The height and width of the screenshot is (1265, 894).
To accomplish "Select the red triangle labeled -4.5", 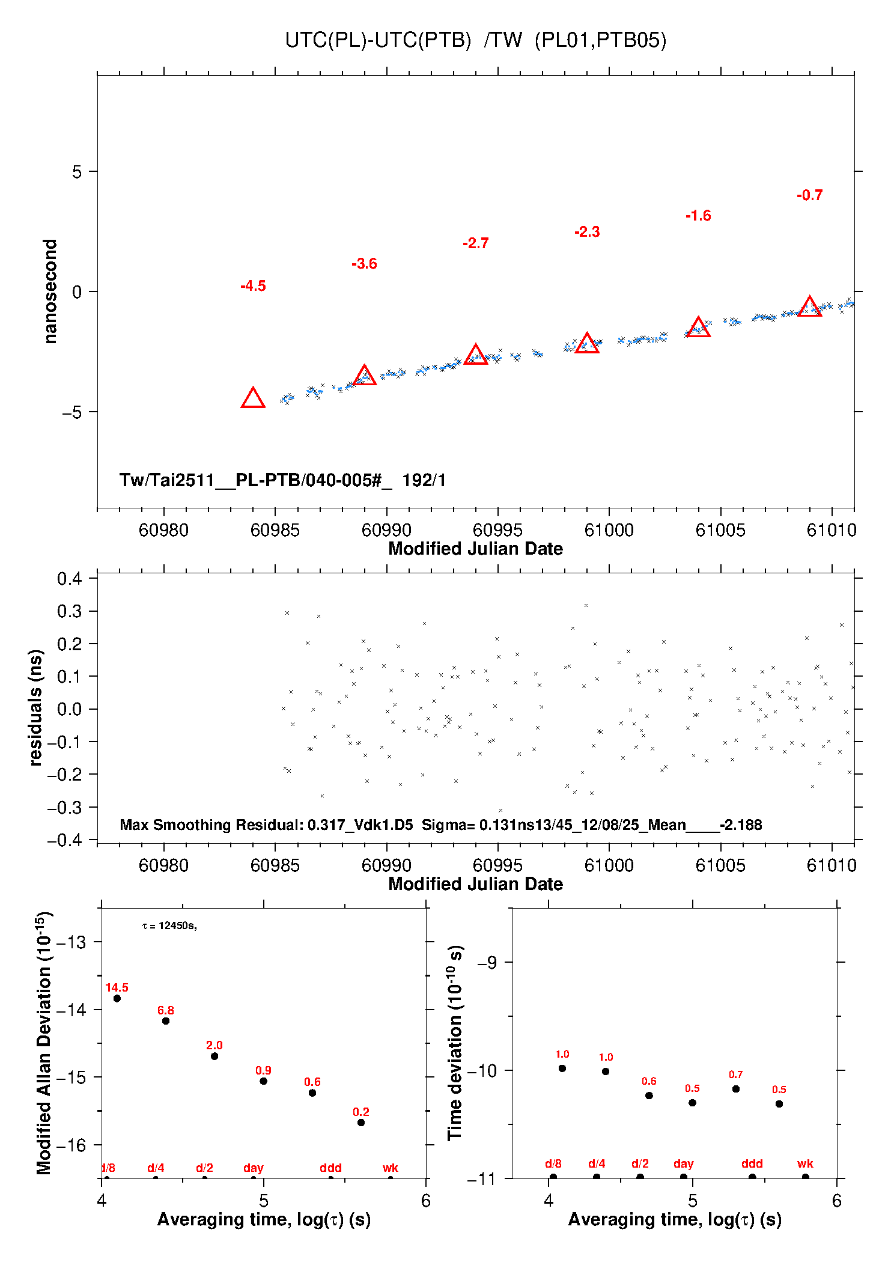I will click(253, 398).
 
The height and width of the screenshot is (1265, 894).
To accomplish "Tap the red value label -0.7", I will click(809, 195).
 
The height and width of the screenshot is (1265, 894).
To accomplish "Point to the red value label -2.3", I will click(587, 232).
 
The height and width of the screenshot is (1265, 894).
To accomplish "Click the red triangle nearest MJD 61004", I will click(698, 328).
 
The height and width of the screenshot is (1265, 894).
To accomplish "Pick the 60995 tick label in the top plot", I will click(497, 530).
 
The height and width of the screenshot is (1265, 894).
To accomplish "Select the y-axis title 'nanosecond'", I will click(50, 291).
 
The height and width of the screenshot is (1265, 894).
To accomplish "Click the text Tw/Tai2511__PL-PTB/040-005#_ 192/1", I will click(282, 480).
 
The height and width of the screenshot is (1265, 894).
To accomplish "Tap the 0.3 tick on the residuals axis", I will click(70, 611).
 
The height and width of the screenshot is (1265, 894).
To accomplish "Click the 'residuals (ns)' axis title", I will click(36, 708).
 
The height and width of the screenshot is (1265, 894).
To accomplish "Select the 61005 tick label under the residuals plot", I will click(720, 865).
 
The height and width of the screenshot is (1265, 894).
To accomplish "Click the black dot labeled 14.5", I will click(117, 998).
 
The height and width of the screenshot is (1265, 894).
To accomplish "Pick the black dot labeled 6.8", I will click(166, 1021).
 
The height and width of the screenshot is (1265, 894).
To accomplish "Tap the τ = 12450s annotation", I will click(169, 925).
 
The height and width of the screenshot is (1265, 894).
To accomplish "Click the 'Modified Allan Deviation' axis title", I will click(44, 1043).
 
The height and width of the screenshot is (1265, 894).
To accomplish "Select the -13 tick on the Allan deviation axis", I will click(71, 942).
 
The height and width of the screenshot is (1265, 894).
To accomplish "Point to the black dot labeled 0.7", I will click(736, 1089).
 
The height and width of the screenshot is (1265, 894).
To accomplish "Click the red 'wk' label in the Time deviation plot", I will click(805, 1163).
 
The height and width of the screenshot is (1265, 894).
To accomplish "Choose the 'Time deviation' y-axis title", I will click(455, 1043).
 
